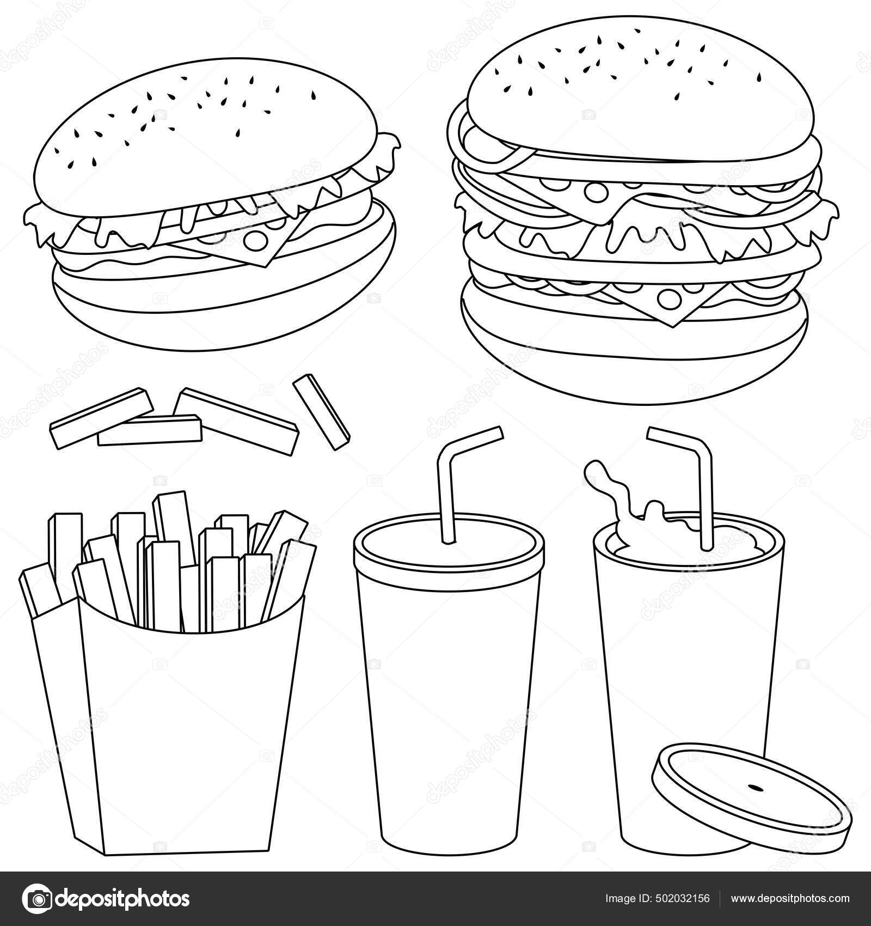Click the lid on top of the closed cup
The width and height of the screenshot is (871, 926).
point(449,550)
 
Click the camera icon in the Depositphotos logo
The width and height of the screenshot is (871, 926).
point(41,898)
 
